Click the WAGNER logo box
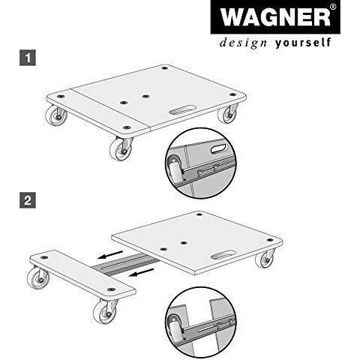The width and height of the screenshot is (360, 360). [x=275, y=17]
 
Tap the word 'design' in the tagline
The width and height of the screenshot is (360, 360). [x=243, y=43]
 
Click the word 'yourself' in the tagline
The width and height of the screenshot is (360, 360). [x=303, y=43]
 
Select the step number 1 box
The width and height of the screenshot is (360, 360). [x=28, y=58]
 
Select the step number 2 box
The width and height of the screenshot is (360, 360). [x=28, y=200]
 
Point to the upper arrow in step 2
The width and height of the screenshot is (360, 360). [x=110, y=254]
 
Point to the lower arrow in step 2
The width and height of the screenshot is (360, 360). [x=142, y=272]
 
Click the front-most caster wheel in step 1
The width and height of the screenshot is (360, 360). [x=121, y=149]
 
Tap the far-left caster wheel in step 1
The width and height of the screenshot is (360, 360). [x=55, y=115]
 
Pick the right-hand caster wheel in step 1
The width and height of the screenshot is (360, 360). [x=227, y=114]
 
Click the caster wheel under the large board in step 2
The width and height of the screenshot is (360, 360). [x=265, y=259]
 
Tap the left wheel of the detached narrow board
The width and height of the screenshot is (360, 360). [x=38, y=278]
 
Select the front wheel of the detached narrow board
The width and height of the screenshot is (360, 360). [x=105, y=313]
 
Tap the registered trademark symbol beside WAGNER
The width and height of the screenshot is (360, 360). [x=333, y=7]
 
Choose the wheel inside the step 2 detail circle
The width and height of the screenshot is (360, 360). [x=175, y=328]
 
